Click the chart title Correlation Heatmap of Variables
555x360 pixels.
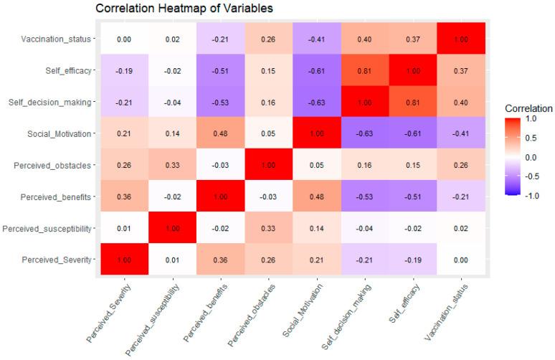click(184, 8)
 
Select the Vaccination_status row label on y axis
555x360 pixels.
click(56, 39)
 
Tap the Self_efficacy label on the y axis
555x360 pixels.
click(68, 71)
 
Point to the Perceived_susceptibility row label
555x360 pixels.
click(47, 229)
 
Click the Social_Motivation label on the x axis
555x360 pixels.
click(303, 311)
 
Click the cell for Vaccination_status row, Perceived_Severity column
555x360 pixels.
click(124, 39)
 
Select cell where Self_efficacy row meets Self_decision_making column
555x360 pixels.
click(364, 70)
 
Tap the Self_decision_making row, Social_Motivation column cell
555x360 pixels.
click(316, 102)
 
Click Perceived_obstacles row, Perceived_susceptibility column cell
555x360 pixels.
click(172, 165)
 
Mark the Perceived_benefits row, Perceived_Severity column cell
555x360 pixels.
click(124, 196)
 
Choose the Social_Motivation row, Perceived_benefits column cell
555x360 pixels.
click(221, 133)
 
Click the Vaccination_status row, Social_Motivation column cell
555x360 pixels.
click(316, 39)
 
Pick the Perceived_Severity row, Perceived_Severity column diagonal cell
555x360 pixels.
click(124, 259)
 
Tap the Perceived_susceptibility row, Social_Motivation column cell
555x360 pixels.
click(316, 227)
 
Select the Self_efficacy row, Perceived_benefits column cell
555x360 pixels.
click(221, 70)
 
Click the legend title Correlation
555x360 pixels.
click(528, 108)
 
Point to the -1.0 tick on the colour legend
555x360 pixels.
click(531, 196)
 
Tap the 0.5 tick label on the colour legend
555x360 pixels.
click(531, 138)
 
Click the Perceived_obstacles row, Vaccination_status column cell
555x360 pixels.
click(461, 165)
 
